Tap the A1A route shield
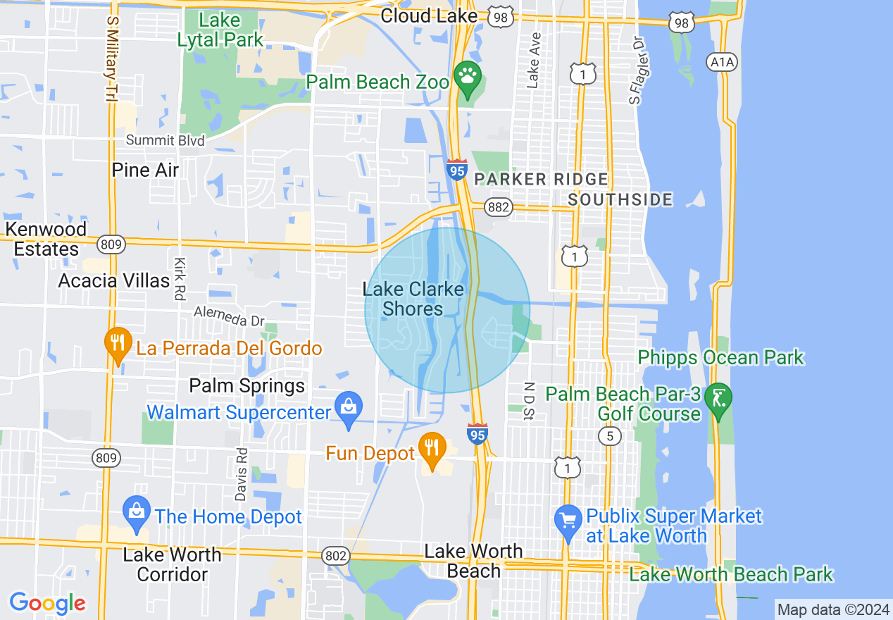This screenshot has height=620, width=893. [722, 63]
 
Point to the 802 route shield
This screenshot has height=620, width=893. [337, 556]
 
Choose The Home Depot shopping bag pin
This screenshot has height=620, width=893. [136, 512]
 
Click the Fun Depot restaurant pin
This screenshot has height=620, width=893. [431, 447]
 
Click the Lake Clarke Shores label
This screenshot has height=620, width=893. [413, 299]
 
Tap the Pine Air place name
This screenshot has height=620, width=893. [146, 170]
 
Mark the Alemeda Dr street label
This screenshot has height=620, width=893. [229, 316]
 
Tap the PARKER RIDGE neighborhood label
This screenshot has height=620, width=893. [541, 179]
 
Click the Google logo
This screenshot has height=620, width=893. [48, 603]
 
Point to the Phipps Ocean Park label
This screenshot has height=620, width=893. [720, 357]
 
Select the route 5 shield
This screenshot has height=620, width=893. [610, 437]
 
